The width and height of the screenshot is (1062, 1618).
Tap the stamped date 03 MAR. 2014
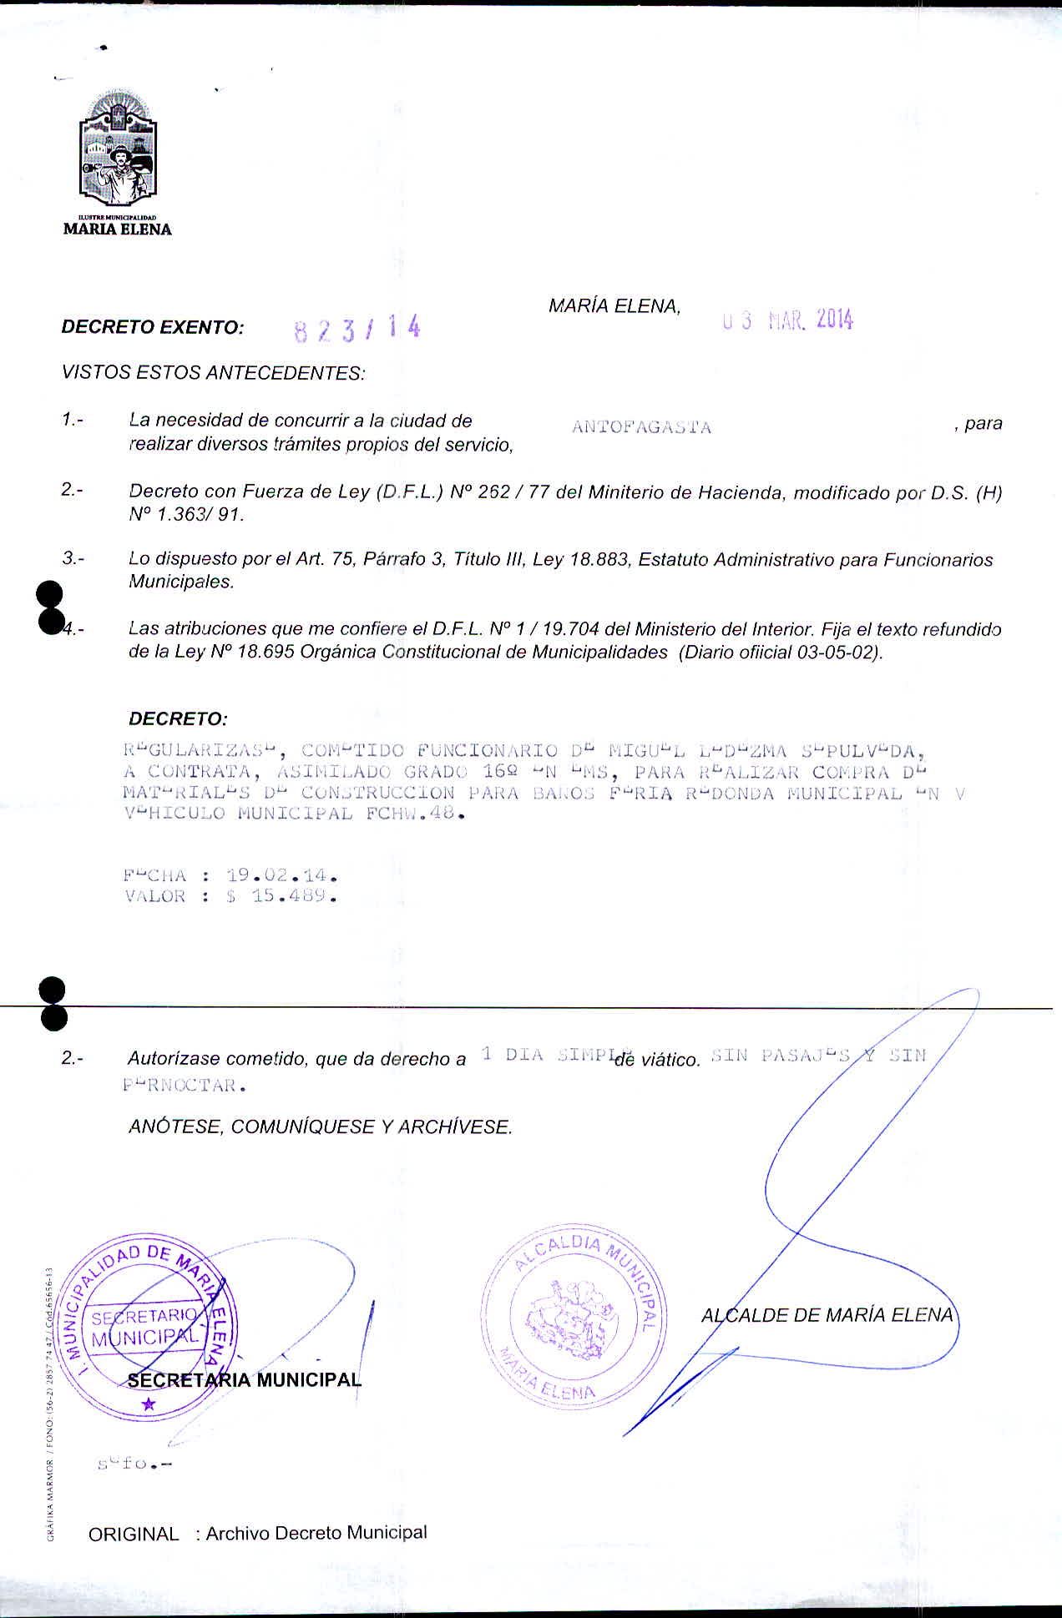[788, 320]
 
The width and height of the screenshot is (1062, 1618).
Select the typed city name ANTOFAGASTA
[641, 428]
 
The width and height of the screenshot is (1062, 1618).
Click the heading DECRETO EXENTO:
[153, 327]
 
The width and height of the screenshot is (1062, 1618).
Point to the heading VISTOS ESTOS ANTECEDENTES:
[214, 372]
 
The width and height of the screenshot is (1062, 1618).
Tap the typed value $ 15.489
[281, 897]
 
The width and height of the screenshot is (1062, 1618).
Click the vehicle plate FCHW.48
[414, 814]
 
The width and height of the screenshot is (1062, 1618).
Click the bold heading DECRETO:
[178, 718]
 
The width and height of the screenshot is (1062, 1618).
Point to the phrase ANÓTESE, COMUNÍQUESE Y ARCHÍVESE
[321, 1127]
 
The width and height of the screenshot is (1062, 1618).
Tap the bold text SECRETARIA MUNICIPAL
[244, 1380]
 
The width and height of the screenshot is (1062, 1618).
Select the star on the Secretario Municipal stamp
[149, 1405]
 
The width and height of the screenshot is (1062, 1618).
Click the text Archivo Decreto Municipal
[316, 1533]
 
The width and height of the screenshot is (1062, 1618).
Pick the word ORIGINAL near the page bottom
[134, 1534]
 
